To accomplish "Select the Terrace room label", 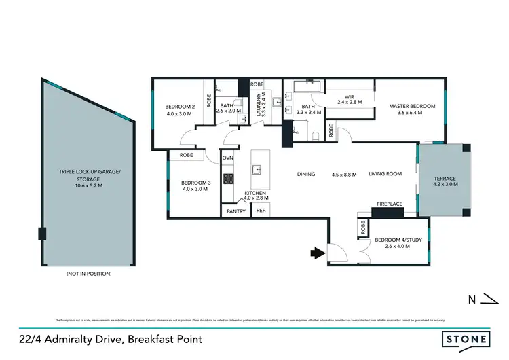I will pos(446,179).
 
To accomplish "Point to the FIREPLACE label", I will pos(390,204).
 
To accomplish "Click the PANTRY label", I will pos(235,211).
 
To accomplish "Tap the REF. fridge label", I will pos(261,211).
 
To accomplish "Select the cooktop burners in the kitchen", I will pos(229,179).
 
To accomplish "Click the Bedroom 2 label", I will pos(180,107).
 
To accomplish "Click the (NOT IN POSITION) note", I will pos(88,274).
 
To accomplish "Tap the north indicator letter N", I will pos(470,298).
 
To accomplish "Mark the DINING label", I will pos(306,175).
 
